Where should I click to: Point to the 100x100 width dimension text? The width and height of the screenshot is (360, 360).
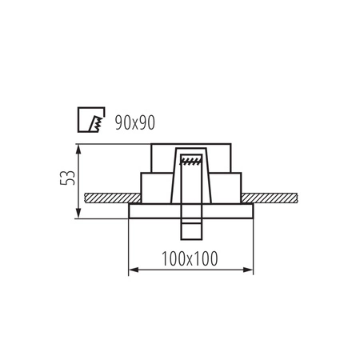point(190,258)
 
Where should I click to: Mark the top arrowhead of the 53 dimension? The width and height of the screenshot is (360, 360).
point(78,147)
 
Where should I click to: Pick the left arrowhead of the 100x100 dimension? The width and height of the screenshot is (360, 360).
point(132,270)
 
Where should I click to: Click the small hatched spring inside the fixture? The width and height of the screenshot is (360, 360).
point(190,162)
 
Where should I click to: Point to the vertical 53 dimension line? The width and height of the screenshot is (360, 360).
point(78,180)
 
